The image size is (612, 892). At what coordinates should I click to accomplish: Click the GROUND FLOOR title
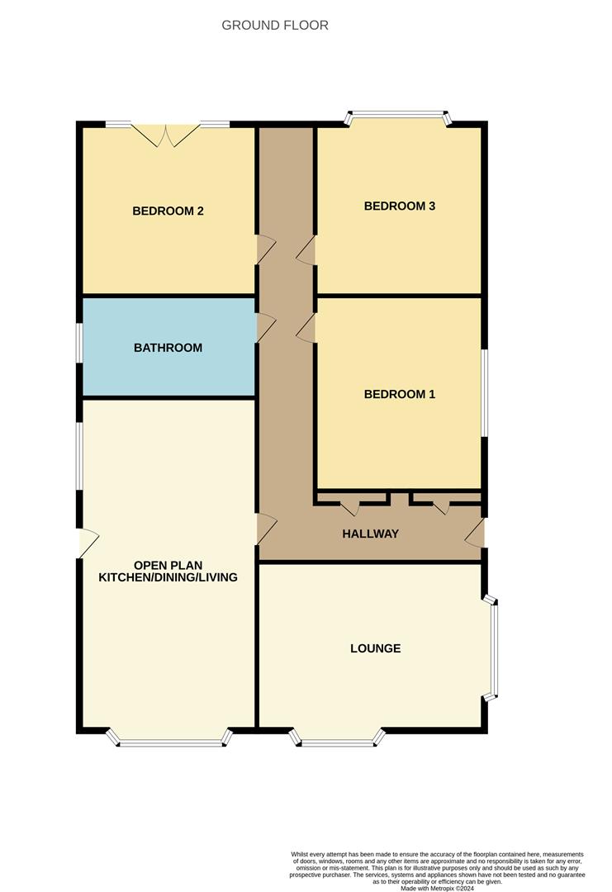[x=275, y=26]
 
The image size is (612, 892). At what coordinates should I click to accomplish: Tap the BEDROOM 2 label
[x=168, y=211]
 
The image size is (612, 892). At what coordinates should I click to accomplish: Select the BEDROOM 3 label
[x=399, y=206]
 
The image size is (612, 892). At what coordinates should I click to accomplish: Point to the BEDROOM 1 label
[x=399, y=394]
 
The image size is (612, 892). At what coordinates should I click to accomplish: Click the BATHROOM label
[x=168, y=348]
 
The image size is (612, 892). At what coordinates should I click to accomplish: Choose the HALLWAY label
[x=370, y=534]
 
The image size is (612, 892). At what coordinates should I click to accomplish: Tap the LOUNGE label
[x=375, y=648]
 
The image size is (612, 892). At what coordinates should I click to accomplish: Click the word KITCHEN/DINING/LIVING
[x=168, y=577]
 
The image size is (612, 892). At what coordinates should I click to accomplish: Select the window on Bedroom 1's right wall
[x=485, y=392]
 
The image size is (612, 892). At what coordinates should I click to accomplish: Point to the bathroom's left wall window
[x=79, y=342]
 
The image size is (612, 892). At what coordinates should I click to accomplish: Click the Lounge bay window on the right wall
[x=494, y=648]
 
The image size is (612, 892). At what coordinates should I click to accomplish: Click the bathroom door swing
[x=265, y=327]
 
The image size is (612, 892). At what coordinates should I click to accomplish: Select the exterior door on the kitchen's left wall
[x=88, y=543]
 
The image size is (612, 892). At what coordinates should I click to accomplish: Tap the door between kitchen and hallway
[x=266, y=529]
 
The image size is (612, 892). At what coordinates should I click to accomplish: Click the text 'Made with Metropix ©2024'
[x=438, y=888]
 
